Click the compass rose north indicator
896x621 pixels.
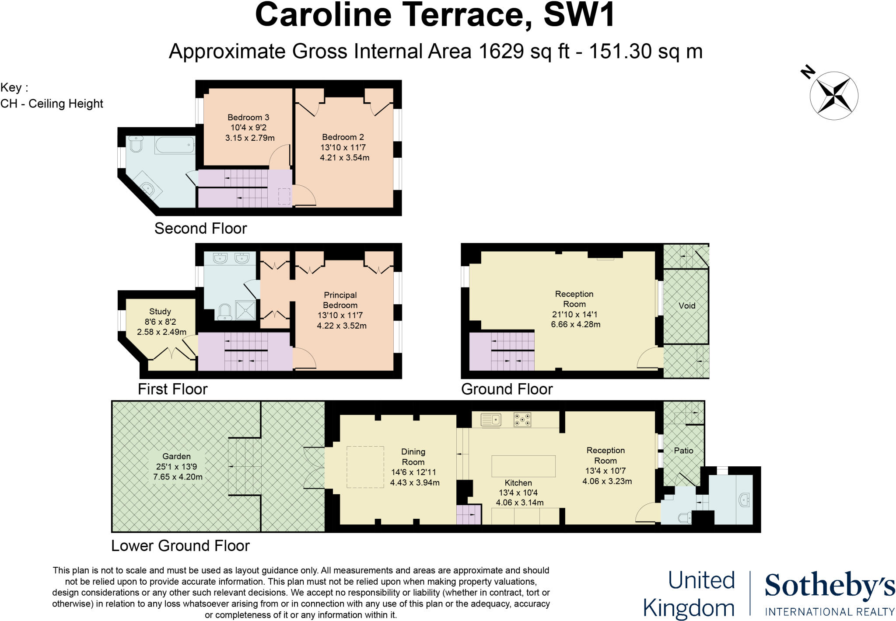tap(808, 72)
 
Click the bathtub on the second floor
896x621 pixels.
tap(174, 145)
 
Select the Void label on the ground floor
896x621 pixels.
tap(687, 306)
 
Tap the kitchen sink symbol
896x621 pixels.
tap(491, 420)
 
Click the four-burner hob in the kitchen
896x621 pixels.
tap(522, 420)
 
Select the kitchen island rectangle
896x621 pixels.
tap(524, 466)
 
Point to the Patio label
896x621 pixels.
tap(683, 451)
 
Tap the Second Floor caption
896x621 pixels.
tap(201, 229)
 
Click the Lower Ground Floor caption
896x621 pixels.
tap(180, 546)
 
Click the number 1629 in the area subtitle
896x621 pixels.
tap(501, 51)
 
